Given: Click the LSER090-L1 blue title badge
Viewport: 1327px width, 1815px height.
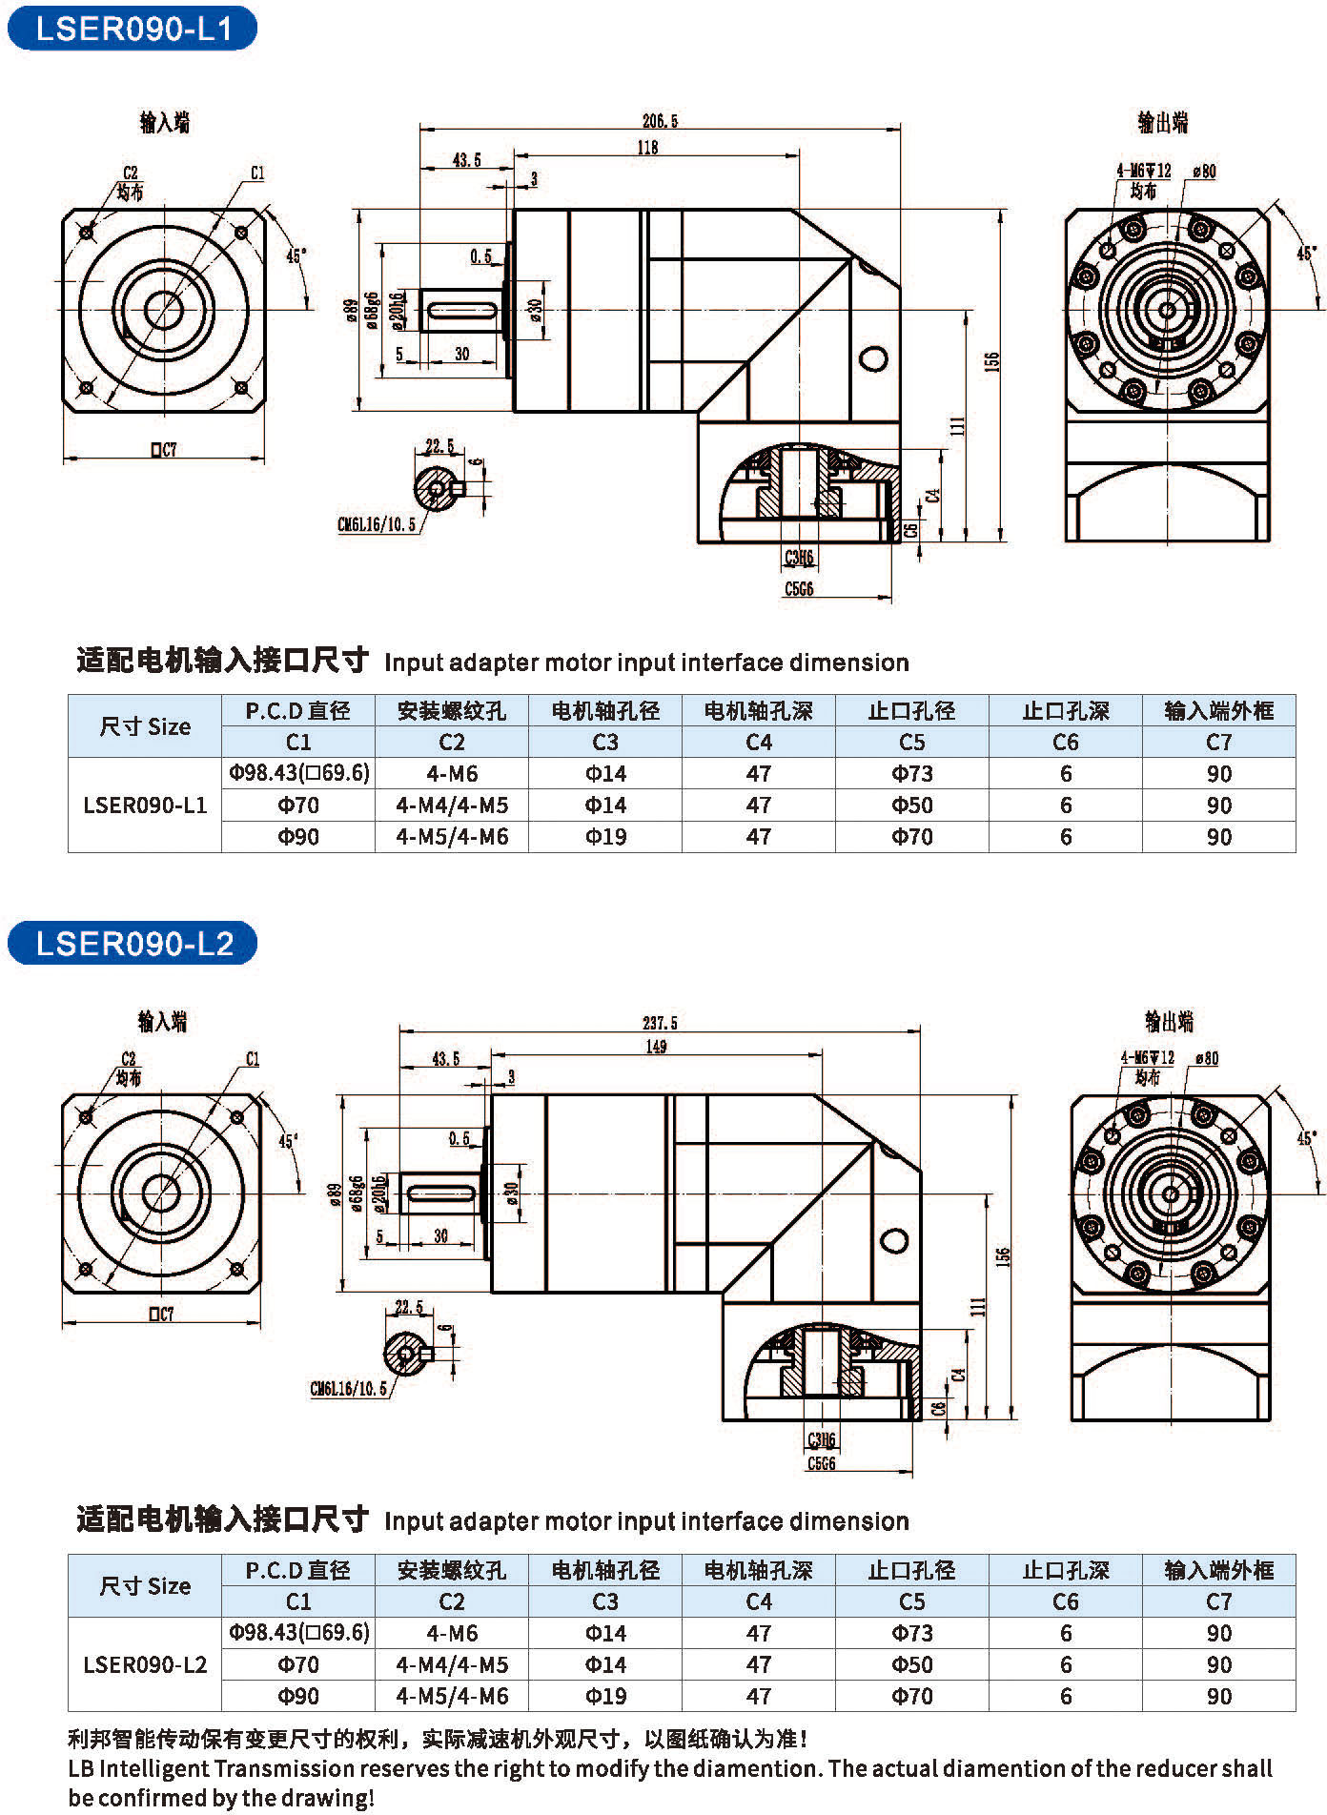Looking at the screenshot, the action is pyautogui.click(x=133, y=28).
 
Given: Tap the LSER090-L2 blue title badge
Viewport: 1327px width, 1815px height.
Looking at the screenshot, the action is pyautogui.click(x=133, y=943).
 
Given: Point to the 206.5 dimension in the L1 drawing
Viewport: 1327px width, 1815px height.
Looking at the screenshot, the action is pyautogui.click(x=660, y=121).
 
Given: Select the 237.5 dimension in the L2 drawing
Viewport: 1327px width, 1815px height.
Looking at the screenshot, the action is pyautogui.click(x=660, y=1023).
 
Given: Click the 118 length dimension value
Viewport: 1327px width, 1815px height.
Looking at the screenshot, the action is pyautogui.click(x=647, y=148).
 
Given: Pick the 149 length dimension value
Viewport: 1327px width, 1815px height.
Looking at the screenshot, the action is pyautogui.click(x=656, y=1047).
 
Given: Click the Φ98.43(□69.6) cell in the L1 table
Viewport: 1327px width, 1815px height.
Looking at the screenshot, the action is pyautogui.click(x=298, y=773).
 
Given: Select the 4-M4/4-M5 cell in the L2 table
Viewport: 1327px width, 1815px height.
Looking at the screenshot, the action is pyautogui.click(x=452, y=1664).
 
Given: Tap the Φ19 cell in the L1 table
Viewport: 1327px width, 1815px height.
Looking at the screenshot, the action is pyautogui.click(x=605, y=837).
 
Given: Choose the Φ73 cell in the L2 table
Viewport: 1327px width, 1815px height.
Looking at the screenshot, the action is pyautogui.click(x=912, y=1633).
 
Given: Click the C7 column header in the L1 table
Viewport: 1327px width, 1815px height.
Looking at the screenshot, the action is pyautogui.click(x=1219, y=742).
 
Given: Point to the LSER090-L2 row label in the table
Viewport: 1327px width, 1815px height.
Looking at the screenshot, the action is pyautogui.click(x=145, y=1664).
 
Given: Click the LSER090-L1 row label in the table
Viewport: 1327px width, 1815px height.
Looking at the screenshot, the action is pyautogui.click(x=145, y=805).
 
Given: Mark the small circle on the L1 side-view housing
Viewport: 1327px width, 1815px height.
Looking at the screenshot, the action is pyautogui.click(x=873, y=359).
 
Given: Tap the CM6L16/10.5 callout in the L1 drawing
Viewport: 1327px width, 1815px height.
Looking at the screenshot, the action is pyautogui.click(x=377, y=524).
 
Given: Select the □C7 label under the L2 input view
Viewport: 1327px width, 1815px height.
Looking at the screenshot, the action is pyautogui.click(x=161, y=1314).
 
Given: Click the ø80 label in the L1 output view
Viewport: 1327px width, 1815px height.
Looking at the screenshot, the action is pyautogui.click(x=1204, y=172).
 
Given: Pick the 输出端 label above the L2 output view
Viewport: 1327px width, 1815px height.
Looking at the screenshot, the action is pyautogui.click(x=1170, y=1022).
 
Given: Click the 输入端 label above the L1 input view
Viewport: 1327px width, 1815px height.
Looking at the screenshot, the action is pyautogui.click(x=165, y=122).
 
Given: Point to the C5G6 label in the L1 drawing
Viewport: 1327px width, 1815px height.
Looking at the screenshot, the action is pyautogui.click(x=799, y=589).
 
